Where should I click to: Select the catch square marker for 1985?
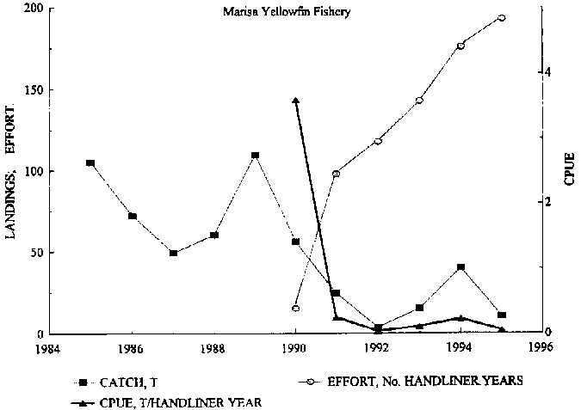90,163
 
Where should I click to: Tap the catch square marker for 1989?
256,156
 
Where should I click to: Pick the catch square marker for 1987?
173,254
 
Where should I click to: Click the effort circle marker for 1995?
502,18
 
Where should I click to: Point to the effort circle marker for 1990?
295,309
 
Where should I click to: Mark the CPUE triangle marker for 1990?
295,101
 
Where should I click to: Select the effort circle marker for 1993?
419,101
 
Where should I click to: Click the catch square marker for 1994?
460,267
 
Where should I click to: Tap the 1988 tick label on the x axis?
213,350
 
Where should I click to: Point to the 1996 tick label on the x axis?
542,350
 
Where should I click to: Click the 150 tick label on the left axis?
33,90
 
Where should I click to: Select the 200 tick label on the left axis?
33,9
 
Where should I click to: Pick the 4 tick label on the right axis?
548,73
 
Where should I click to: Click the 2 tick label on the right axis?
548,203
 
